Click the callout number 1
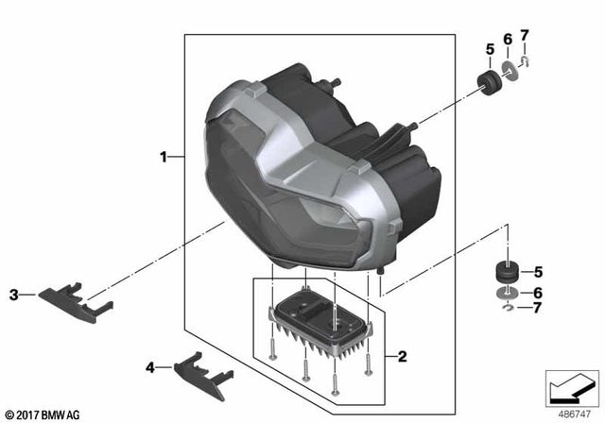point(164,156)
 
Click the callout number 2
point(402,357)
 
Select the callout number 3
point(14,295)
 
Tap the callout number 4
point(149,366)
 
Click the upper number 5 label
point(490,48)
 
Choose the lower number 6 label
point(538,293)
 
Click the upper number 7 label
point(525,35)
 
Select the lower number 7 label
point(538,309)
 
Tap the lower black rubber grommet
point(510,273)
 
